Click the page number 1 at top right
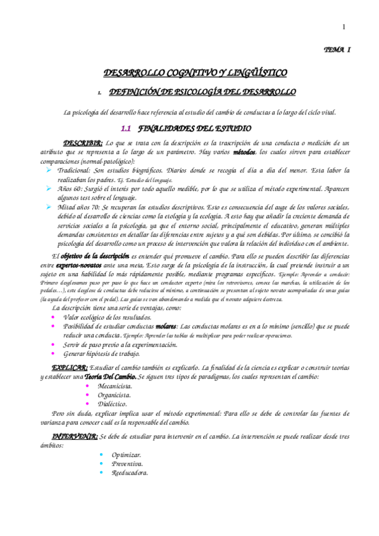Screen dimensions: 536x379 click(x=344, y=27)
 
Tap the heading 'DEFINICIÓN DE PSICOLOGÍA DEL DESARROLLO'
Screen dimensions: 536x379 click(x=202, y=92)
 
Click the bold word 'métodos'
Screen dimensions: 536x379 click(x=245, y=152)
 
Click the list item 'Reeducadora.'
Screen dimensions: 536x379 click(x=130, y=472)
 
